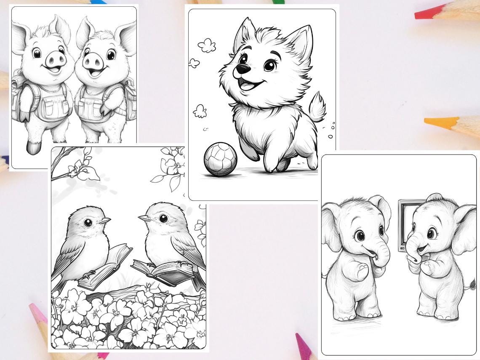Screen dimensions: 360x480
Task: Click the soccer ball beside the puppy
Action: point(220,159)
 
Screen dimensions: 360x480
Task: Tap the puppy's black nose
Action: point(241,69)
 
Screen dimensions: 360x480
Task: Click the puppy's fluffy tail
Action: point(317,107)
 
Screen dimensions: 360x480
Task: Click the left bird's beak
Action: point(105,220)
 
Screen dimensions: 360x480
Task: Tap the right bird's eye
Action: point(163,218)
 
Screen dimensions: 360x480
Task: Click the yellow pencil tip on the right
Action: point(436,122)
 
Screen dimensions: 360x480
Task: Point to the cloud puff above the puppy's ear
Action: point(207,45)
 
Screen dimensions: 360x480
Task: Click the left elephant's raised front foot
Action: point(360,271)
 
